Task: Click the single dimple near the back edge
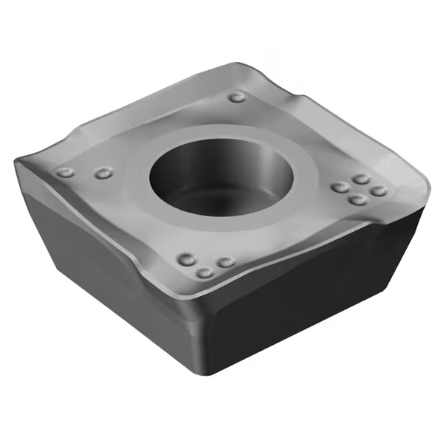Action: (x=237, y=97)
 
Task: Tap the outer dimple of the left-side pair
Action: (x=66, y=173)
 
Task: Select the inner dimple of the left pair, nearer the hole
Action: (x=103, y=174)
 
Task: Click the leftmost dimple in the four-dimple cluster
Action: (x=340, y=188)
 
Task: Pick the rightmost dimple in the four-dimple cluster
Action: (x=379, y=191)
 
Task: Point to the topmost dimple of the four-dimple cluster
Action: (x=361, y=179)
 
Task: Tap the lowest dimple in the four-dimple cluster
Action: (x=357, y=200)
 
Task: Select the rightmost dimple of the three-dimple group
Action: (x=227, y=262)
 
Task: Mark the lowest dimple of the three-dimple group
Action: (x=205, y=273)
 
